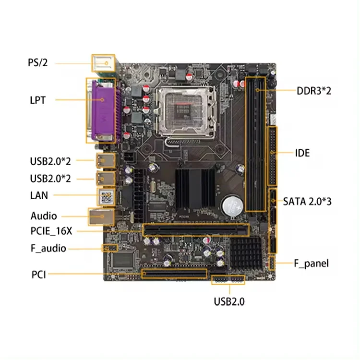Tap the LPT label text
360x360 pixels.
click(37, 100)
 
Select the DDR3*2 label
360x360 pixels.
click(313, 91)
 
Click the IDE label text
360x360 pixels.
click(302, 153)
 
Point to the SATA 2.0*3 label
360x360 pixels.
click(307, 201)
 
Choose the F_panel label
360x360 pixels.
click(311, 263)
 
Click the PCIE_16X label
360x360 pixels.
click(51, 231)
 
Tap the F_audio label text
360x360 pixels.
click(48, 248)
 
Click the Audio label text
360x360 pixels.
click(44, 216)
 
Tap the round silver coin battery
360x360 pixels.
click(232, 205)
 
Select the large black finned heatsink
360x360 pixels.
click(195, 188)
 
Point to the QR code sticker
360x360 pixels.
click(106, 196)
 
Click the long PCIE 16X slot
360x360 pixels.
click(196, 229)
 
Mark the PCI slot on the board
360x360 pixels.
click(174, 274)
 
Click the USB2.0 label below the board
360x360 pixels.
click(229, 301)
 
